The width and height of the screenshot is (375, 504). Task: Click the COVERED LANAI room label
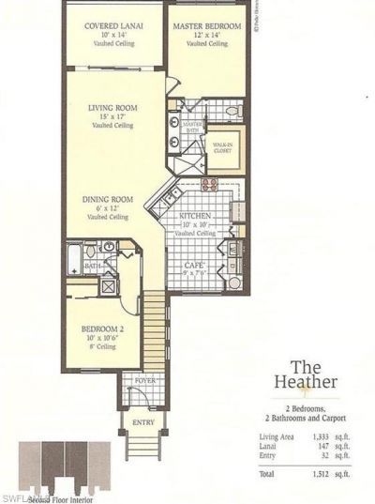pyautogui.click(x=112, y=26)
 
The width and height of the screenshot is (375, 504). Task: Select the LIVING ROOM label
pyautogui.click(x=113, y=108)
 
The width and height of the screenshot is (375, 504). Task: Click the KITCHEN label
pyautogui.click(x=197, y=215)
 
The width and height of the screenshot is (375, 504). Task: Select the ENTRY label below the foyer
pyautogui.click(x=143, y=423)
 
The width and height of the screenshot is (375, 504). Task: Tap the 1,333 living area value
pyautogui.click(x=318, y=436)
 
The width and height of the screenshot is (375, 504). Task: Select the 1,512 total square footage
pyautogui.click(x=318, y=474)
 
